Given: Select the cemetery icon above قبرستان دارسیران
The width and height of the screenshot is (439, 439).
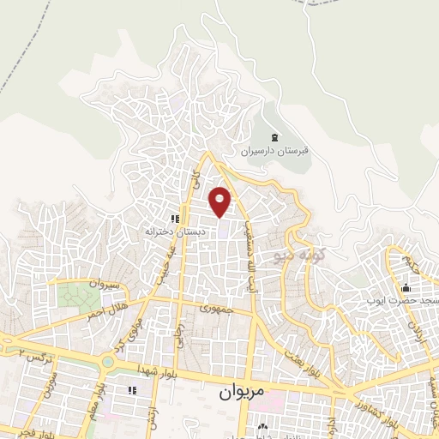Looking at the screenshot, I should pos(274,137).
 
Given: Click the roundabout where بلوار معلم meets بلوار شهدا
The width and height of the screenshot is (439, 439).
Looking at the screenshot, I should pos(106,362).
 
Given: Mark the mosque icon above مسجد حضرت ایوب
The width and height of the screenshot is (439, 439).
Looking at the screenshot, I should pos(404,287).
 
